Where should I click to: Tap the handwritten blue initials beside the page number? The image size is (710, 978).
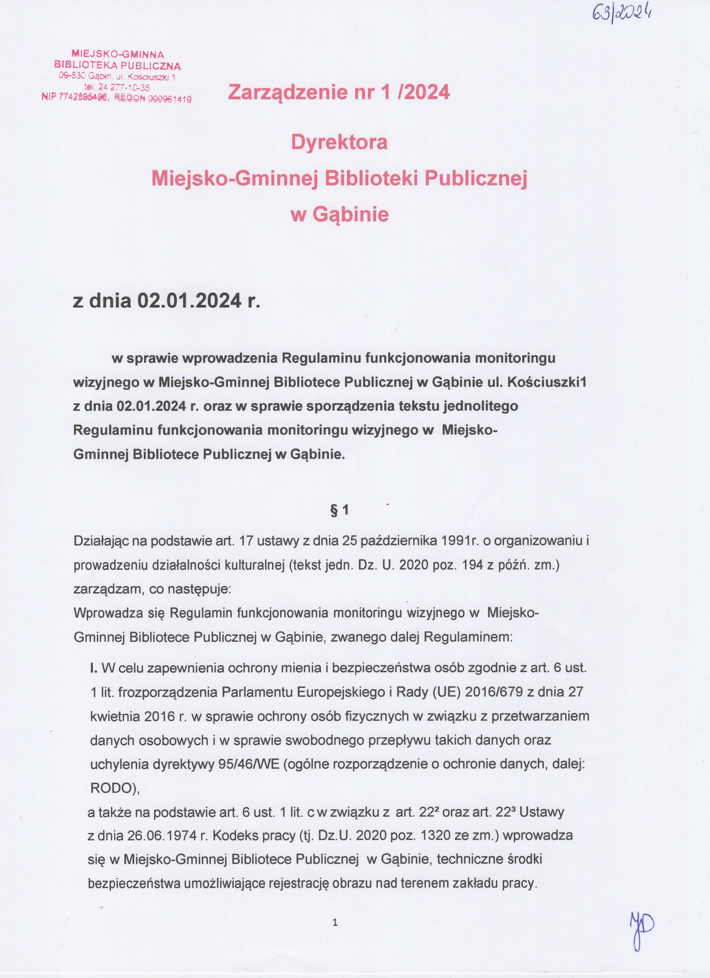[641, 934]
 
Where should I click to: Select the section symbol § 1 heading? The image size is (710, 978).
[339, 510]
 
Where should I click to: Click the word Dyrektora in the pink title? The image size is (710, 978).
[339, 142]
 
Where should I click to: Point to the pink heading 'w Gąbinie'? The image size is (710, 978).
[340, 214]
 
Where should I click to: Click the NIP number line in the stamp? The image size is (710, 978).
[116, 98]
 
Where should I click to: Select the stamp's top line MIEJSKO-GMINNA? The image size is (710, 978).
[118, 55]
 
